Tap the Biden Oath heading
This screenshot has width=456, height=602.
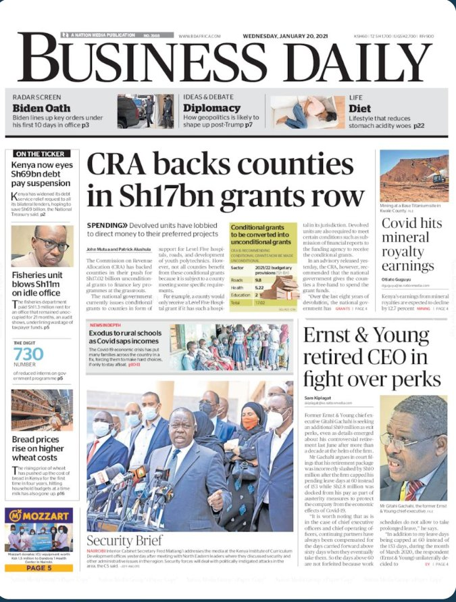click(42, 108)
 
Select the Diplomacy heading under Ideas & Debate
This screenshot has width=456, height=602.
click(211, 108)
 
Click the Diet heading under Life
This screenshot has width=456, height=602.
click(359, 108)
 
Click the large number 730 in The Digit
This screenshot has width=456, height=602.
click(28, 354)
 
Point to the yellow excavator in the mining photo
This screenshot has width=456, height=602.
click(436, 179)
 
